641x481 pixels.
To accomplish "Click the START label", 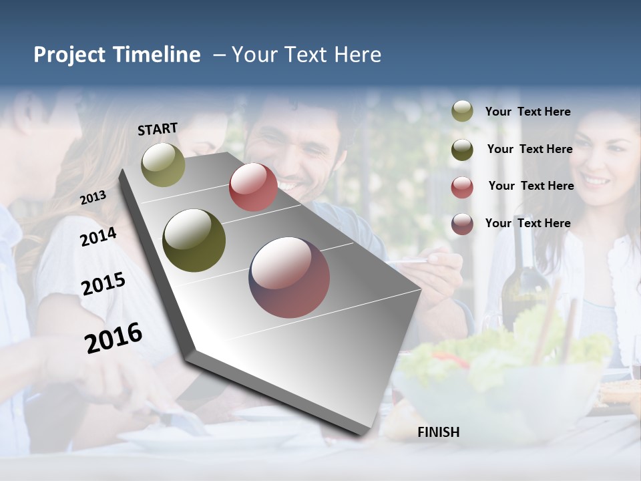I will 158,129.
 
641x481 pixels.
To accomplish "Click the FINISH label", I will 438,432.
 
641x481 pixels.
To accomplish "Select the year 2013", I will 93,197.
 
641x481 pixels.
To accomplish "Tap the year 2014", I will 98,236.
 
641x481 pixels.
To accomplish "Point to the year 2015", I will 103,284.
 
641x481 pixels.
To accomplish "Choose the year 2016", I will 114,337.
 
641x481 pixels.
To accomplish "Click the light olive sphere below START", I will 163,164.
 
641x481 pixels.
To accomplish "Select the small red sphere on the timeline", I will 253,187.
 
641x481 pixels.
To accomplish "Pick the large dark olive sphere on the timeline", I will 194,240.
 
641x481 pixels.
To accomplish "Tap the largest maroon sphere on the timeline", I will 289,277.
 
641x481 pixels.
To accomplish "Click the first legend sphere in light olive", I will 462,112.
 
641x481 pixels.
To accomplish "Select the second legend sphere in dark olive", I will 462,149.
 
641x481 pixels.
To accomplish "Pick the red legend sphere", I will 462,186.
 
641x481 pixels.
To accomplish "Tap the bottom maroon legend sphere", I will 462,224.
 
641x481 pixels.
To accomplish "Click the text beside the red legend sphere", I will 531,186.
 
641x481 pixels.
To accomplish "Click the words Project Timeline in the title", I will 117,55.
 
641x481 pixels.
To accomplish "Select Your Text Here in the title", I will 306,55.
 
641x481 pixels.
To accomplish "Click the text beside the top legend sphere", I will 527,112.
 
